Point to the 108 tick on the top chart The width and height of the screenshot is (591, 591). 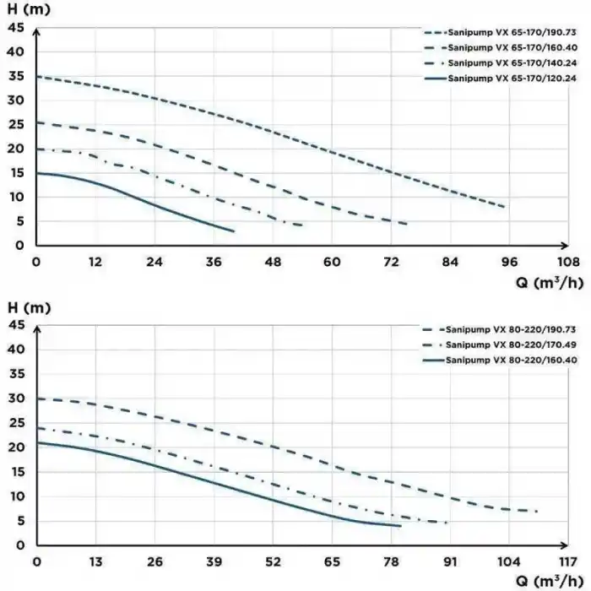tap(569, 262)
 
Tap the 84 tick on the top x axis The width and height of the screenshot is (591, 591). tap(450, 262)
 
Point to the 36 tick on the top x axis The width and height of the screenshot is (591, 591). tap(214, 262)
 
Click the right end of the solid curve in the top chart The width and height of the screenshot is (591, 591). tap(234, 230)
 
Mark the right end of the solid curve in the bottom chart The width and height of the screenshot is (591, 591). tap(400, 526)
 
